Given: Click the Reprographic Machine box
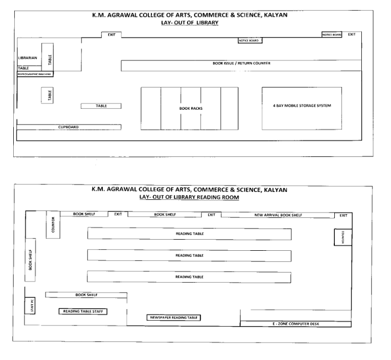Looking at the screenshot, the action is click(x=35, y=74).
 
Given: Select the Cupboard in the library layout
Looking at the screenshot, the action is click(x=69, y=127).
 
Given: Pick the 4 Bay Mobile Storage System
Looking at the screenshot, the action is click(x=301, y=106).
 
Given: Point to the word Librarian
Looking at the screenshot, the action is click(x=28, y=57).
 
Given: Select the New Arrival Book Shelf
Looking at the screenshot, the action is click(x=279, y=215).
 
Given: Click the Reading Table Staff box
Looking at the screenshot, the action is click(x=83, y=311).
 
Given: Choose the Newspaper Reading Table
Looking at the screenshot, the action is click(x=174, y=317).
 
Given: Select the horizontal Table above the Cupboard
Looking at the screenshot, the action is click(x=101, y=106).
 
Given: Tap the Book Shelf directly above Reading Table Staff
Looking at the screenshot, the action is click(x=86, y=294).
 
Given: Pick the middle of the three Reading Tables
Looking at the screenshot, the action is click(x=189, y=255).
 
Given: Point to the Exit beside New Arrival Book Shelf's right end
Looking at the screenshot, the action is click(x=343, y=215).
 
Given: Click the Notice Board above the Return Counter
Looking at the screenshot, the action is click(x=250, y=40).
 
